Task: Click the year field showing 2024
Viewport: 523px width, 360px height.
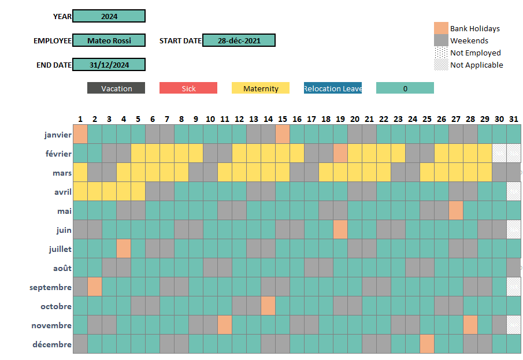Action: pyautogui.click(x=109, y=16)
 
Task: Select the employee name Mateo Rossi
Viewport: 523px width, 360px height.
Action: pyautogui.click(x=109, y=40)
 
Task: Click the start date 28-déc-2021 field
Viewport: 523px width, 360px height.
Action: pyautogui.click(x=239, y=40)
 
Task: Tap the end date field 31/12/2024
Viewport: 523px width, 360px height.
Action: pyautogui.click(x=109, y=65)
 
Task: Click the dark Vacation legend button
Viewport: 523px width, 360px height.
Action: pyautogui.click(x=116, y=88)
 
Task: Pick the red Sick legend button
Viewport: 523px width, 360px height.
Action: pyautogui.click(x=188, y=88)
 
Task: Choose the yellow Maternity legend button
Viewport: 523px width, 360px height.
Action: pyautogui.click(x=261, y=88)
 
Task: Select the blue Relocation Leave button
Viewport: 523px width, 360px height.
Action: pyautogui.click(x=333, y=88)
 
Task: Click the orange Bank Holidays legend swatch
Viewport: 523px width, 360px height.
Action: pyautogui.click(x=441, y=28)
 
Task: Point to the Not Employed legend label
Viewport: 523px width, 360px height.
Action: pyautogui.click(x=475, y=53)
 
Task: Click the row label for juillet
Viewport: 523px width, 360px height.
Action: pyautogui.click(x=60, y=249)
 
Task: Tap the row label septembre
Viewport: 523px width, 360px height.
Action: pyautogui.click(x=51, y=287)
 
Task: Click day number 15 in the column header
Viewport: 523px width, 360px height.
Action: pyautogui.click(x=283, y=119)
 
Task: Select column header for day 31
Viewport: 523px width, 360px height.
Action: pyautogui.click(x=514, y=119)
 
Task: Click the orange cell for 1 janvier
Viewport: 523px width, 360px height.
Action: pyautogui.click(x=80, y=135)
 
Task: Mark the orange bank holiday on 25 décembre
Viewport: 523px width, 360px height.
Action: pyautogui.click(x=427, y=344)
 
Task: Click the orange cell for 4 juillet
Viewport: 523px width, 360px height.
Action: pyautogui.click(x=124, y=249)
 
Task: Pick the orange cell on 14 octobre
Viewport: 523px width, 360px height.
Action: pyautogui.click(x=268, y=306)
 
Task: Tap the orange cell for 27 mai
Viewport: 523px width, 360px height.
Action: pyautogui.click(x=456, y=211)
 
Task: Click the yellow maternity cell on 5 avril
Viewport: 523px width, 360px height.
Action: pyautogui.click(x=138, y=192)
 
